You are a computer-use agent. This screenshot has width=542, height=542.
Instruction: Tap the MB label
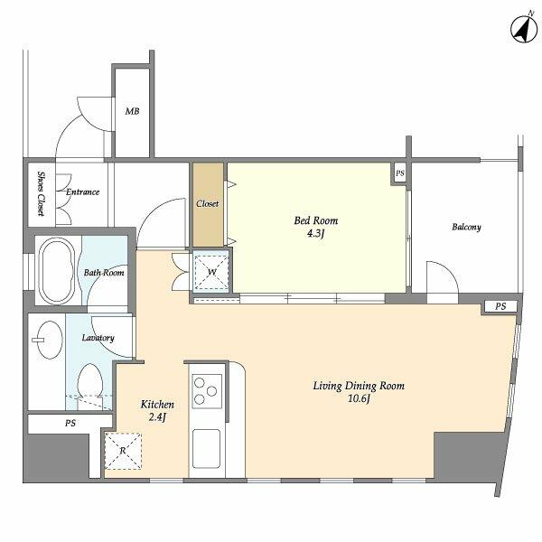click(x=132, y=111)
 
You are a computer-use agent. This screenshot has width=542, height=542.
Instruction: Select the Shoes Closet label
click(x=42, y=193)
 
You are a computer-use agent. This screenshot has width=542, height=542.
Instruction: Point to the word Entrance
click(x=82, y=192)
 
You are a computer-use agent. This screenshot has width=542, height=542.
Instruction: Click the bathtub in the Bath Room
click(x=56, y=271)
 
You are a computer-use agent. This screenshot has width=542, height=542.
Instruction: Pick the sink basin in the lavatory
click(x=50, y=340)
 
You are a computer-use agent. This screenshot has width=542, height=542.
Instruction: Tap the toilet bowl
click(x=90, y=383)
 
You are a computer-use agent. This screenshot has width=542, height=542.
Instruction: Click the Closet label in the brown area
click(x=208, y=204)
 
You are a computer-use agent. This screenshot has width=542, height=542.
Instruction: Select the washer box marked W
click(x=211, y=273)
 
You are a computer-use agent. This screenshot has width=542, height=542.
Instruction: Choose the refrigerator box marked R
click(x=123, y=451)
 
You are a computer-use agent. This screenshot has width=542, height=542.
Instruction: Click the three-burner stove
click(x=207, y=391)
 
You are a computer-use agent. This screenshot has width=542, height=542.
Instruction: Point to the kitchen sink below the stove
click(x=206, y=449)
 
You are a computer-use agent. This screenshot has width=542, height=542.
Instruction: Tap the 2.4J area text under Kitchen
click(x=157, y=417)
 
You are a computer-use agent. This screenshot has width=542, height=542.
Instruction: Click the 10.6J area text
click(x=359, y=399)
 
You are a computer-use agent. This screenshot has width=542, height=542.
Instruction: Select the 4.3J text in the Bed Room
click(x=315, y=234)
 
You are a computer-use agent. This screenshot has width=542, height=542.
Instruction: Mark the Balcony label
click(x=466, y=227)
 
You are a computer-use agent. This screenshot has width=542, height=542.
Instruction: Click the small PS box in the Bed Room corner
click(x=400, y=173)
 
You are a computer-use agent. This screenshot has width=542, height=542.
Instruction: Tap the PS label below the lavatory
click(x=70, y=423)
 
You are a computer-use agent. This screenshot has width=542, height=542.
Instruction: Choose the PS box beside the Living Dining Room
click(x=500, y=306)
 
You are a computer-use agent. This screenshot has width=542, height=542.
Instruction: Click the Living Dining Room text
click(x=359, y=386)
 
